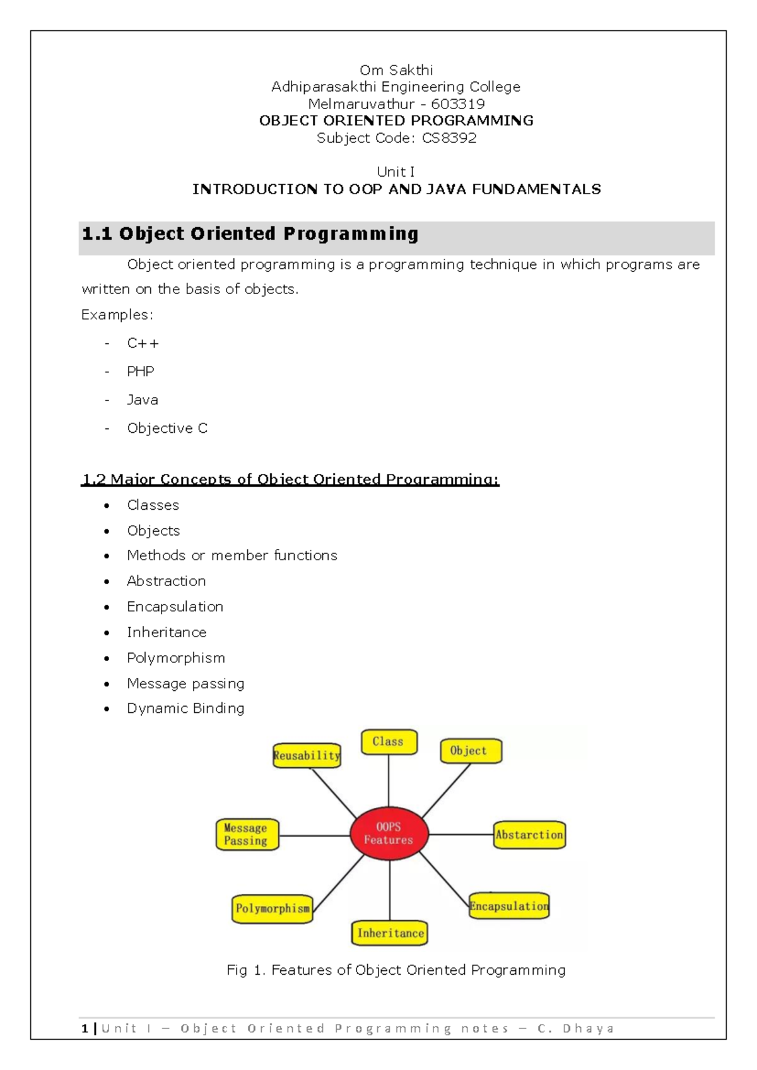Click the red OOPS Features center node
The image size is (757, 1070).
coord(389,833)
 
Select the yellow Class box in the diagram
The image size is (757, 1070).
coord(389,742)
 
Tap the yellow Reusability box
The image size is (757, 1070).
coord(307,755)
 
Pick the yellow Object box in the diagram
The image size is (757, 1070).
coord(471,751)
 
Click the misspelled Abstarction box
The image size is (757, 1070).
coord(529,835)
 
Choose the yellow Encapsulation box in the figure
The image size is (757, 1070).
coord(509,906)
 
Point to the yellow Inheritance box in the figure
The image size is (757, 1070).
coord(390,933)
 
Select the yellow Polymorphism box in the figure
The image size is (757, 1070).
coord(273,908)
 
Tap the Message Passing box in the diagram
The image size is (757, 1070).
coord(247,835)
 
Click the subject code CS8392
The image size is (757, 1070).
coord(449,138)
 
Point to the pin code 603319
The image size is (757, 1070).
coord(457,104)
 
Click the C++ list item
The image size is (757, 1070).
coord(143,343)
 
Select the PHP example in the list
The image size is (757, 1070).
coord(140,372)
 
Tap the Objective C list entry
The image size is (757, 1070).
coord(167,428)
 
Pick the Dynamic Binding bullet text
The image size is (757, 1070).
coord(185,708)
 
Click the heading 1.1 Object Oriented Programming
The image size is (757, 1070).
coord(250,234)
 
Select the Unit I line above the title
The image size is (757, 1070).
coord(396,172)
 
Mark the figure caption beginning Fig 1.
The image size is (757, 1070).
coord(396,970)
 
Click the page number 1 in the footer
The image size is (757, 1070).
coord(85,1028)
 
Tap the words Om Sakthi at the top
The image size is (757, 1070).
coord(396,70)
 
